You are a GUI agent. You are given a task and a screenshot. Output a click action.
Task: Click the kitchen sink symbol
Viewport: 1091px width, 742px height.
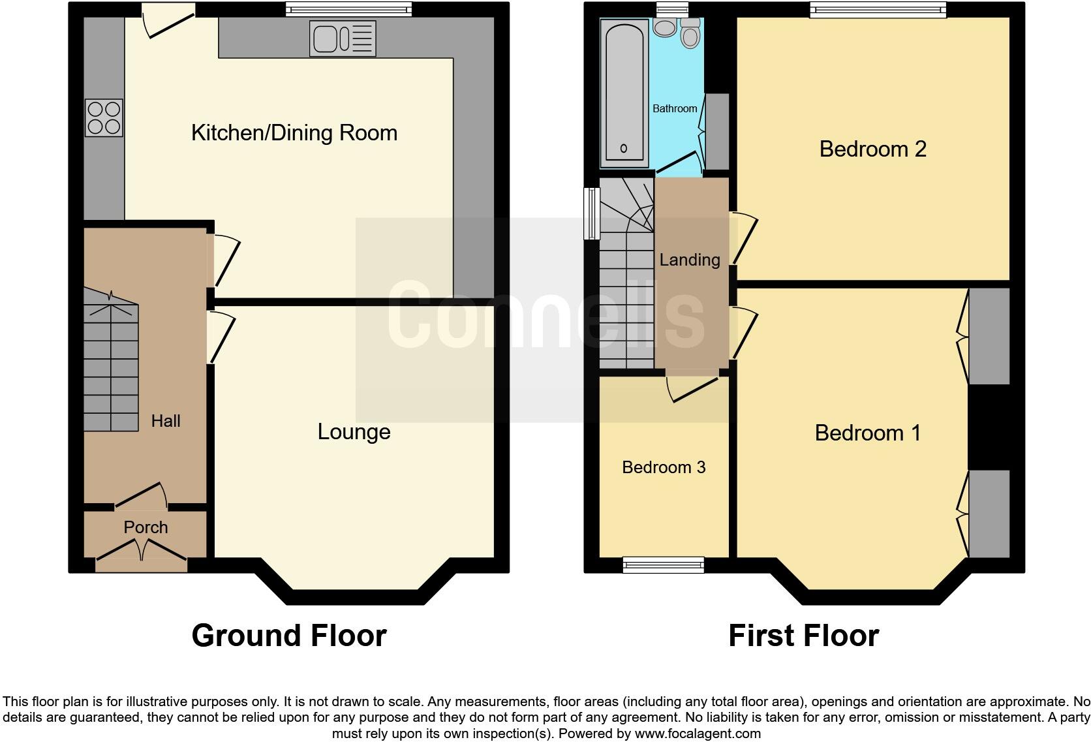click(344, 39)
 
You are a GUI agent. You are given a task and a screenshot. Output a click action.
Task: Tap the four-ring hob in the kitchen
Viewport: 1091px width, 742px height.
click(104, 117)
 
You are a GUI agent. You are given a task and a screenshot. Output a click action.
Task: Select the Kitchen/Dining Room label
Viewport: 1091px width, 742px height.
click(294, 133)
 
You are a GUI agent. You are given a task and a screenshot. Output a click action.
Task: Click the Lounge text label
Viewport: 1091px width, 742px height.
click(354, 432)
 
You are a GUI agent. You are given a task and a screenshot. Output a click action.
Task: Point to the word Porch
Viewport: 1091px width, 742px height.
click(146, 527)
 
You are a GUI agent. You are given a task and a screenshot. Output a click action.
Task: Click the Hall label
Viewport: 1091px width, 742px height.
click(166, 421)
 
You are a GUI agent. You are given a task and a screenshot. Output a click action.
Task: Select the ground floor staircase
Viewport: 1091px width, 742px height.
click(111, 365)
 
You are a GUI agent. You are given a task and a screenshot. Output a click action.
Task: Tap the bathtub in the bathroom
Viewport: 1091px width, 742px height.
click(624, 91)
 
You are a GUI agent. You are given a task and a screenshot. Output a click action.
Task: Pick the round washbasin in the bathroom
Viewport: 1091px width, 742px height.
click(665, 27)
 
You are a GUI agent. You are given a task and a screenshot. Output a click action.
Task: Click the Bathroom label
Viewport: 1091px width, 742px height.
click(675, 108)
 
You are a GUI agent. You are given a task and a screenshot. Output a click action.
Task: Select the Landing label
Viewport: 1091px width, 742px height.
click(690, 260)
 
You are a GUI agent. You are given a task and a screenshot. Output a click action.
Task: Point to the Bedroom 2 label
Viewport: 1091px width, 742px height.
click(872, 149)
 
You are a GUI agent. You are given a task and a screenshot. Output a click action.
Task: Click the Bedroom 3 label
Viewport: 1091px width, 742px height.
click(664, 467)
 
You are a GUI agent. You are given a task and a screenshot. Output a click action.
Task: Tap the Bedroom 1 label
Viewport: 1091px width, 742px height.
click(867, 433)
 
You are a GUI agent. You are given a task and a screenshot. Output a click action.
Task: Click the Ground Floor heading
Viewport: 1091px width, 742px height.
click(289, 636)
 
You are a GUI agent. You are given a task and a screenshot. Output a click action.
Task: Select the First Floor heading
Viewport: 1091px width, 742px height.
click(803, 636)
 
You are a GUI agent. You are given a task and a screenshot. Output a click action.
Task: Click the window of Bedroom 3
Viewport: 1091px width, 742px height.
click(664, 564)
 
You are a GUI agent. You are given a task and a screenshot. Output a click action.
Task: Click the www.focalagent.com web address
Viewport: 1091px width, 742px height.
click(697, 734)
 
